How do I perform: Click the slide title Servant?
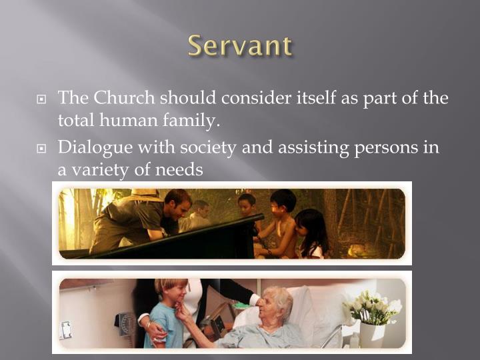tap(239, 46)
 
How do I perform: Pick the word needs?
tap(179, 169)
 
